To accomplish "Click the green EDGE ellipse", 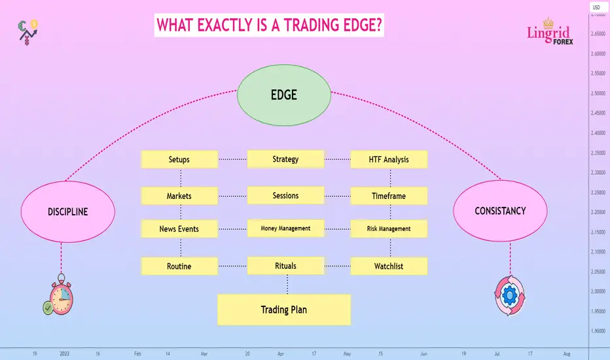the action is click(x=284, y=95).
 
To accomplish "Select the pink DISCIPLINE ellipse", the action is click(x=67, y=211).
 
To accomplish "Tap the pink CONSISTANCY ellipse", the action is click(x=500, y=211).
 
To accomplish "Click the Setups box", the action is click(x=179, y=159).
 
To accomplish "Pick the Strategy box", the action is click(x=285, y=159).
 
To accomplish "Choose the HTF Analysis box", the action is click(x=389, y=159).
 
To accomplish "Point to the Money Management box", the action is click(x=285, y=228).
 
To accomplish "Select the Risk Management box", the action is click(x=389, y=228).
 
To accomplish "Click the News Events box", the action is click(x=179, y=228).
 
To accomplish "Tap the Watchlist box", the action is click(x=389, y=266).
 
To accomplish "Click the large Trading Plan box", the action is click(x=284, y=310).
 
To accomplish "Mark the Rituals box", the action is click(x=285, y=266).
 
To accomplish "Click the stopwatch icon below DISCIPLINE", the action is click(x=58, y=295).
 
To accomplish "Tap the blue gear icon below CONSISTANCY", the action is click(x=510, y=295).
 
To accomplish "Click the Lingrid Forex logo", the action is click(x=550, y=31).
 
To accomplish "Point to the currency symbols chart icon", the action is click(x=27, y=32).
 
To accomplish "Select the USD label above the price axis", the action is click(x=596, y=7).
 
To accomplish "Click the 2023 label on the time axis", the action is click(x=65, y=353).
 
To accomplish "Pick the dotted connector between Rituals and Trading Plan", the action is click(x=287, y=285).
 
